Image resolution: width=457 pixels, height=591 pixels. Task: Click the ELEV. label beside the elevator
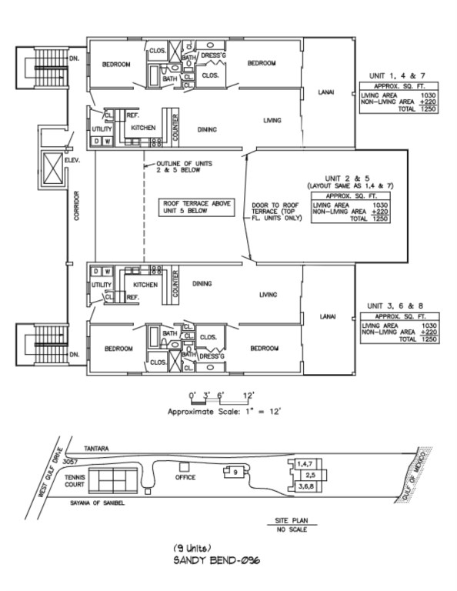tap(72, 160)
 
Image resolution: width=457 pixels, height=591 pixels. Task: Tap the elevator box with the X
tap(53, 168)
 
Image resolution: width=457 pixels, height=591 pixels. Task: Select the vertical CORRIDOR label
tap(77, 205)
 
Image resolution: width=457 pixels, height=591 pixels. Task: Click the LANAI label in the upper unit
tap(326, 92)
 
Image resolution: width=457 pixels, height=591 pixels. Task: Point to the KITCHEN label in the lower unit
tap(145, 285)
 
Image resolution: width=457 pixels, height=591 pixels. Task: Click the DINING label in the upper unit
tap(207, 129)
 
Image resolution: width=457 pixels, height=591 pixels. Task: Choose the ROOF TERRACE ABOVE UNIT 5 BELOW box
tap(196, 207)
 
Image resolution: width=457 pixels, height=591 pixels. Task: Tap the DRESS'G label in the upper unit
tap(213, 55)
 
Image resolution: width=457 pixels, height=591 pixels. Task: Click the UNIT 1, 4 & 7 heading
tap(397, 75)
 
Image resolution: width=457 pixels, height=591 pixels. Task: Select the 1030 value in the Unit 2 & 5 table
tap(380, 205)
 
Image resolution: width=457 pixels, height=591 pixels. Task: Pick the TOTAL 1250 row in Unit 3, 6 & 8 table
tap(418, 339)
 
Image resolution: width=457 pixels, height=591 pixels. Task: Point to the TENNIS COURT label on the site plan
tap(75, 480)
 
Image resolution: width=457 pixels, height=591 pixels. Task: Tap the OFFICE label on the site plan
tap(185, 477)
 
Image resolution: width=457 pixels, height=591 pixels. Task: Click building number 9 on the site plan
tap(235, 472)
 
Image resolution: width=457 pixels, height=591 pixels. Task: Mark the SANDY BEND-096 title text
tap(217, 560)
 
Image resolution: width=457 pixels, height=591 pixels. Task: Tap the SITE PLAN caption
tap(292, 520)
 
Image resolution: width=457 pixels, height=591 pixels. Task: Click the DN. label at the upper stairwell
tap(75, 58)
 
